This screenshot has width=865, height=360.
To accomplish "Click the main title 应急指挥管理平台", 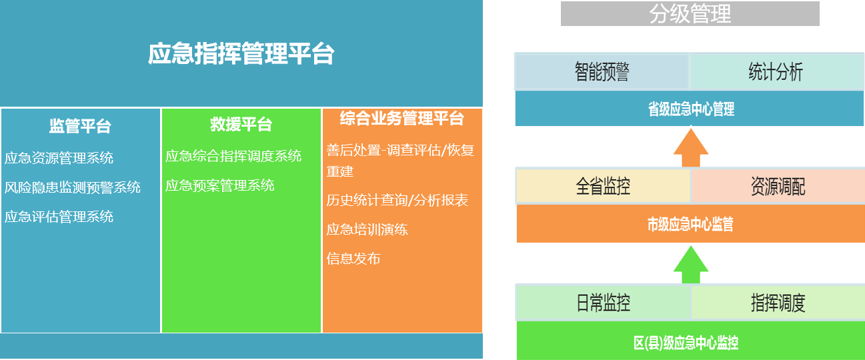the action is point(241,53).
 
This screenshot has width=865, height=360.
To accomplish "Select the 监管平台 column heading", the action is point(80,126).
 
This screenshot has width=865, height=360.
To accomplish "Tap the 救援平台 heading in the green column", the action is point(241,124).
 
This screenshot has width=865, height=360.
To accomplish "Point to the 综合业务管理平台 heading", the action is point(401,118).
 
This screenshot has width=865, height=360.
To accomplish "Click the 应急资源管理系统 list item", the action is point(59,158).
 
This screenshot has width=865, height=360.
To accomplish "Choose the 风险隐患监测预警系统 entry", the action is point(72,187).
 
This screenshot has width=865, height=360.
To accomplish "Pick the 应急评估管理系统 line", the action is point(59,217).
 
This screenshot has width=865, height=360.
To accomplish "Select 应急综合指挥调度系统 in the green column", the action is point(233,156).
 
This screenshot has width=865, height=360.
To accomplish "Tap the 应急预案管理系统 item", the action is point(219,185).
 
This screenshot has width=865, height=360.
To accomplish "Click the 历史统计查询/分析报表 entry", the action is point(397,200).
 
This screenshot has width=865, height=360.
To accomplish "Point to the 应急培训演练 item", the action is point(367,229).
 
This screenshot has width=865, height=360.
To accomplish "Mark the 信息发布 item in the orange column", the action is point(353,259).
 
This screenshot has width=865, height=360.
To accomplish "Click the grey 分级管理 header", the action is point(690,13).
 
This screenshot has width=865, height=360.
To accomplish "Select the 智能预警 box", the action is point(602,72).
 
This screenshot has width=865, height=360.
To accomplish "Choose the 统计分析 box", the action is point(776,72).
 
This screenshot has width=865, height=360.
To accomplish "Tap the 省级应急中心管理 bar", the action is point(690,109).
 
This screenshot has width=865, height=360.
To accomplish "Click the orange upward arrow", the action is point(691,147).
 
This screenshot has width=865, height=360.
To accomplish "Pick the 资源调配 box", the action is point(778,187).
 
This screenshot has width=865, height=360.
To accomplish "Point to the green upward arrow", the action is point(691,265).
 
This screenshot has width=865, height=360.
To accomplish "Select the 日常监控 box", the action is point(603,303).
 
